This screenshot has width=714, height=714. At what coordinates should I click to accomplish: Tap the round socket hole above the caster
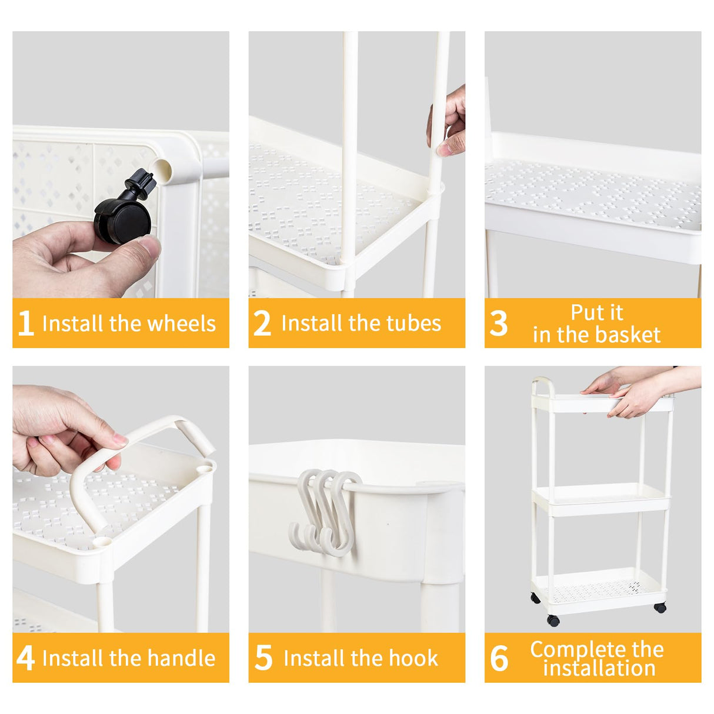[x=163, y=171]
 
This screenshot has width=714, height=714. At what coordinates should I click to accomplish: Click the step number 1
[x=25, y=323]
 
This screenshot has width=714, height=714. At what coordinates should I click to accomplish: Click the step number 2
[x=262, y=323]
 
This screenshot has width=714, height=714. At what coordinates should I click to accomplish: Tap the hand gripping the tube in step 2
[x=447, y=122]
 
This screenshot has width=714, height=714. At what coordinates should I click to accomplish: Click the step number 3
[x=498, y=323]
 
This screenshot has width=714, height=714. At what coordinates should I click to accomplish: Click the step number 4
[x=25, y=658]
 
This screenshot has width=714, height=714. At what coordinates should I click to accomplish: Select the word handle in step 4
[x=181, y=658]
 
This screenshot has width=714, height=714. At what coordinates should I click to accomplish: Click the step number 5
[x=263, y=658]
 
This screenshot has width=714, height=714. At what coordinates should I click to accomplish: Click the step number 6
[x=499, y=658]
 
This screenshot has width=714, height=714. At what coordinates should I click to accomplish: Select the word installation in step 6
[x=599, y=668]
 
